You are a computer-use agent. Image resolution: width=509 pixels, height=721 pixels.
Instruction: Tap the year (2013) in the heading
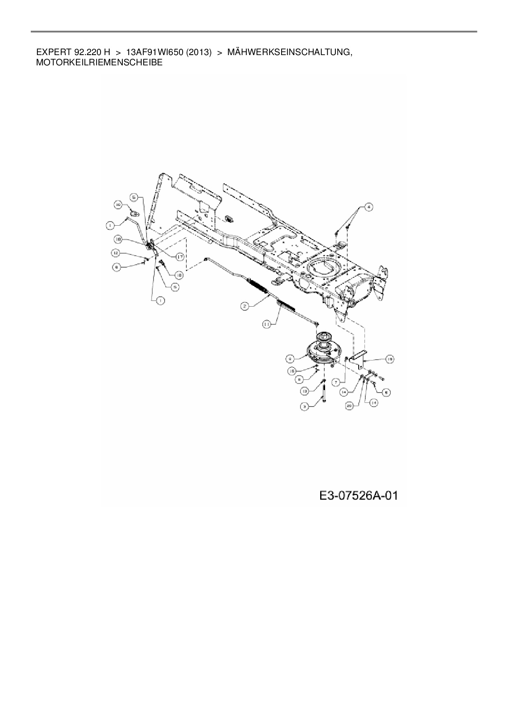pyautogui.click(x=198, y=53)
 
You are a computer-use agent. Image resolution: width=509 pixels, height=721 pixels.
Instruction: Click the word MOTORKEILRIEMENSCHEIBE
pyautogui.click(x=99, y=63)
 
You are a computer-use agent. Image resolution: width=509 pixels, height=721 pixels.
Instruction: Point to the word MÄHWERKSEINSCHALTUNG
pyautogui.click(x=289, y=53)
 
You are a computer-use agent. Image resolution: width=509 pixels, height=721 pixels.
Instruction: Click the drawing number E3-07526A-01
pyautogui.click(x=358, y=496)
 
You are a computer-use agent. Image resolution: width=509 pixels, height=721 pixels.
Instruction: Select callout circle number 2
pyautogui.click(x=244, y=306)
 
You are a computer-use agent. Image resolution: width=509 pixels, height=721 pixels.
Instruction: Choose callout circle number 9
pyautogui.click(x=290, y=359)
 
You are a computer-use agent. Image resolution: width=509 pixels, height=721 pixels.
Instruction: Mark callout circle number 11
pyautogui.click(x=267, y=324)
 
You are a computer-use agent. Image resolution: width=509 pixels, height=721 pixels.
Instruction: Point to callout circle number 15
pyautogui.click(x=293, y=371)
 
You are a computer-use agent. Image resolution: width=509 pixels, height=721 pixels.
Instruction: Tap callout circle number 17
pyautogui.click(x=179, y=257)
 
